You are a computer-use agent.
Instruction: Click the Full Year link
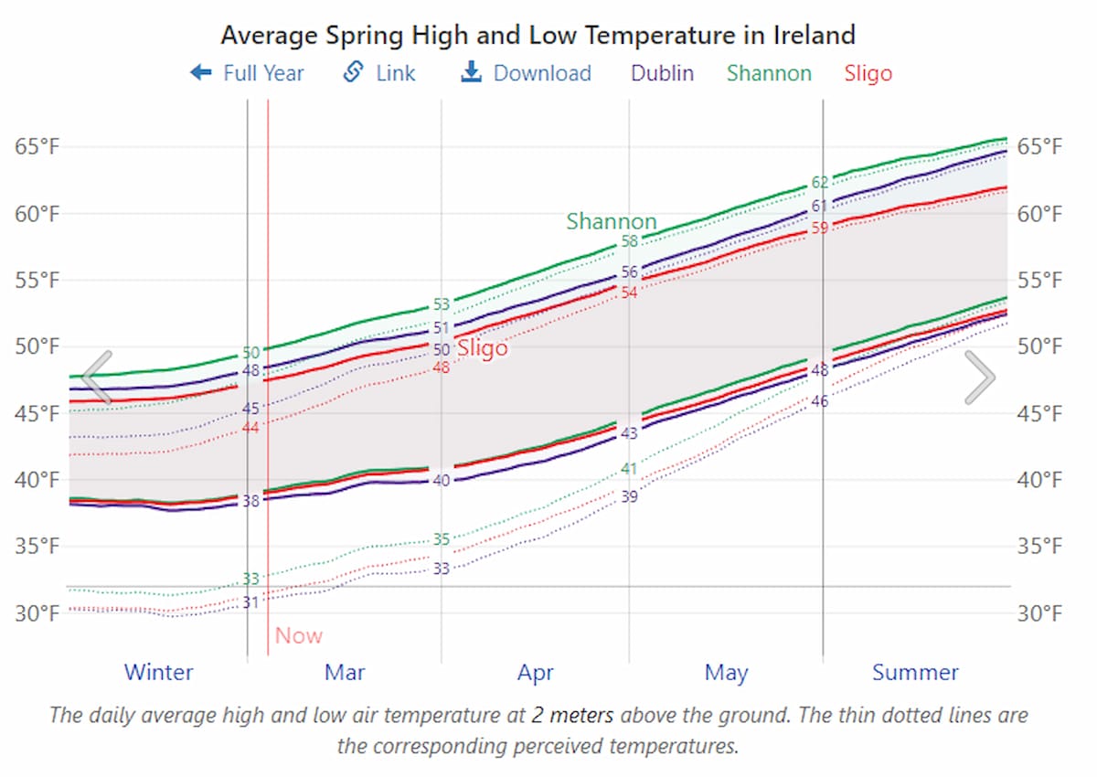[x=247, y=73]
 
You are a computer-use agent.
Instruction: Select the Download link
[x=527, y=73]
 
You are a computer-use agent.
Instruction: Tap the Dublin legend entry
[x=662, y=73]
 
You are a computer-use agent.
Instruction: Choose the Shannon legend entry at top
[x=769, y=73]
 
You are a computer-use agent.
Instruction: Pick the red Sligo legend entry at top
[x=868, y=73]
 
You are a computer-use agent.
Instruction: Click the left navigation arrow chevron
[x=97, y=377]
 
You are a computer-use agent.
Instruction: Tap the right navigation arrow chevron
[x=979, y=377]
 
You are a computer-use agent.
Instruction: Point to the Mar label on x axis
[x=345, y=674]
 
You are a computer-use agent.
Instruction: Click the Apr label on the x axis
[x=535, y=674]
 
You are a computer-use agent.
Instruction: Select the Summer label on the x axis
[x=914, y=674]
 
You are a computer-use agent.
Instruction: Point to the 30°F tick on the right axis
[x=1039, y=613]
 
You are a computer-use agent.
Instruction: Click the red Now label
[x=299, y=635]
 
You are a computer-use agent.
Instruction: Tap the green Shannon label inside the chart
[x=611, y=221]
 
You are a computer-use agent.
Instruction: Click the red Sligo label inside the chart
[x=482, y=348]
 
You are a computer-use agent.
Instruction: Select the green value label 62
[x=820, y=183]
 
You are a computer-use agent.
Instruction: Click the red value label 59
[x=820, y=228]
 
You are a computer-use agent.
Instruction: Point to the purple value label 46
[x=820, y=401]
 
